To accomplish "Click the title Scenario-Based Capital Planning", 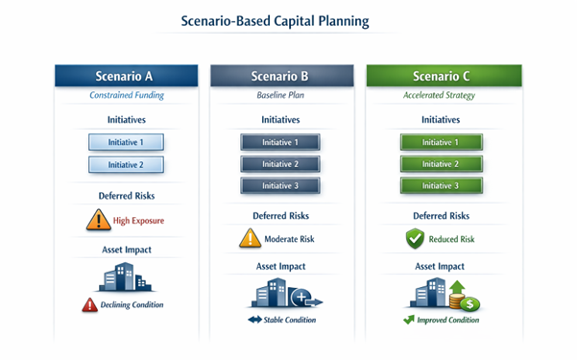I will click(288, 19).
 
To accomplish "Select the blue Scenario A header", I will click(126, 76).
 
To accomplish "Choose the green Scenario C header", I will click(443, 76).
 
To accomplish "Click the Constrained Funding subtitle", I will click(126, 96).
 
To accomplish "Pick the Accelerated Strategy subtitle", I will click(443, 96).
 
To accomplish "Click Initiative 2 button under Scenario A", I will click(126, 164).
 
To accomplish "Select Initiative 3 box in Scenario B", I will click(279, 185).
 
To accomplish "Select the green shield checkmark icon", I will click(414, 238).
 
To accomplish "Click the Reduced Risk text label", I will click(454, 240).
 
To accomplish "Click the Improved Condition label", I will click(448, 320).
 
